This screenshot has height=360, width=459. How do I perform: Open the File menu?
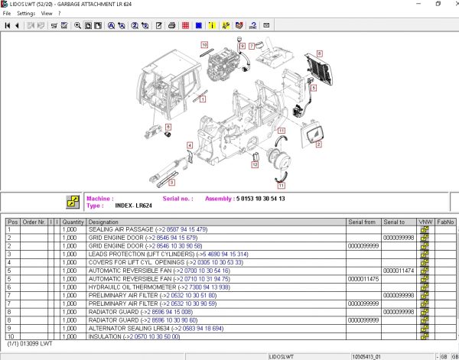pos(7,13)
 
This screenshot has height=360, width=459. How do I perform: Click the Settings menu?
pos(25,13)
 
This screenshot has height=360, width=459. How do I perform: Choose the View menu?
pos(47,13)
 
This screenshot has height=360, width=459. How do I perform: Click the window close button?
pos(452,4)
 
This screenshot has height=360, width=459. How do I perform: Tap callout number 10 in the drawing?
pos(204,45)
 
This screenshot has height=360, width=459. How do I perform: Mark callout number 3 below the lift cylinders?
pos(171,183)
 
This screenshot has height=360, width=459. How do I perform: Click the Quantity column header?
pos(73,222)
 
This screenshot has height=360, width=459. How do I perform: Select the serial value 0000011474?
pos(398,271)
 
